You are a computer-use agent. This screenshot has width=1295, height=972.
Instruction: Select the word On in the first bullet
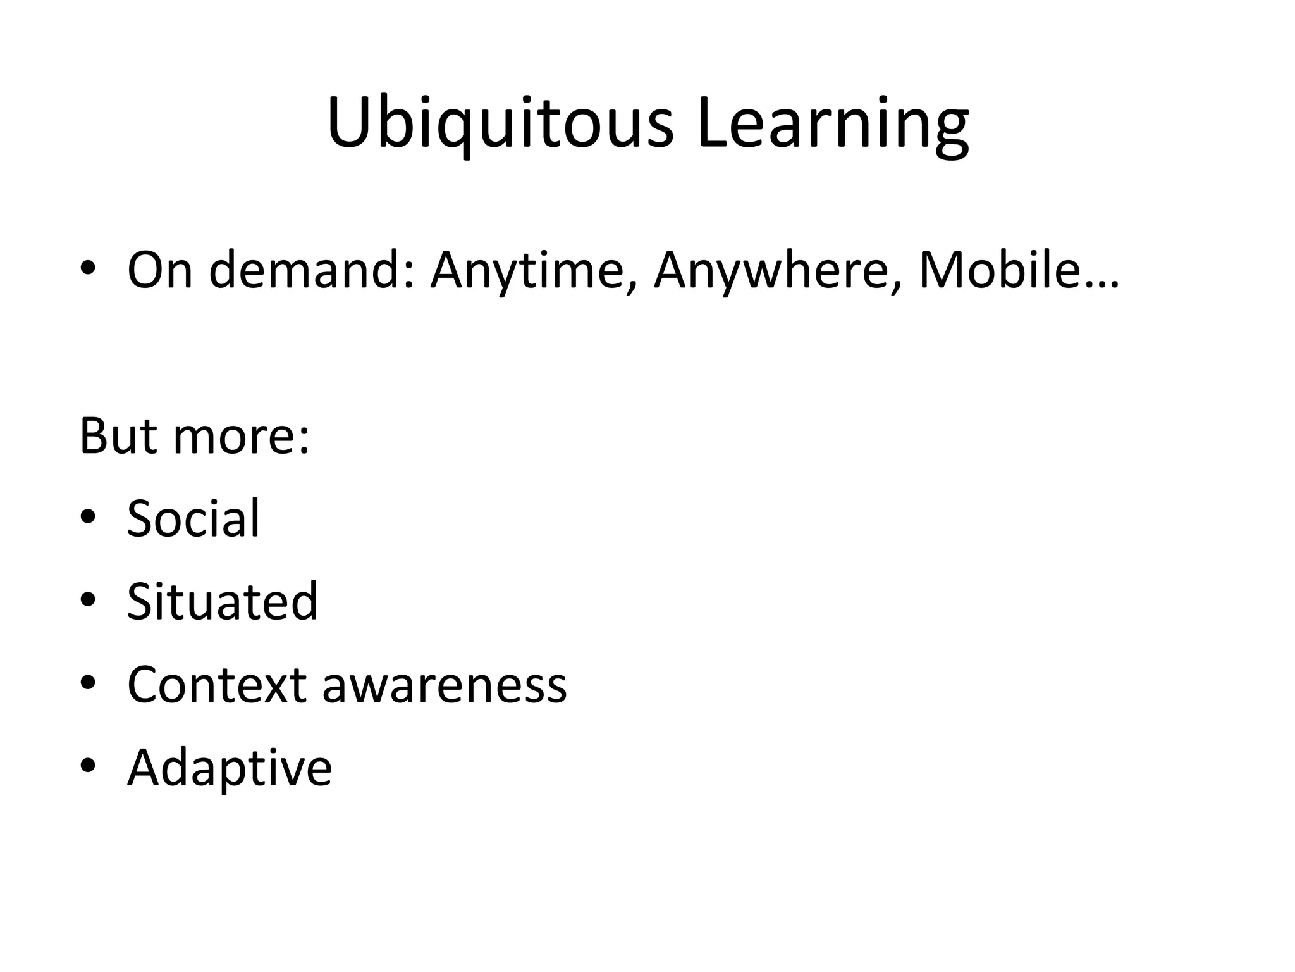(x=159, y=270)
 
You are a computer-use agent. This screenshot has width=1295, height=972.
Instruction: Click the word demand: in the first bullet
(x=312, y=270)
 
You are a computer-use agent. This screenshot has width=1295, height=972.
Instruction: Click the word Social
(x=193, y=518)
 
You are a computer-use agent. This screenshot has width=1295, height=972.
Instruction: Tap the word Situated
(x=222, y=601)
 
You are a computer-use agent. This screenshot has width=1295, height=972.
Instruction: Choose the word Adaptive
(x=229, y=769)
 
